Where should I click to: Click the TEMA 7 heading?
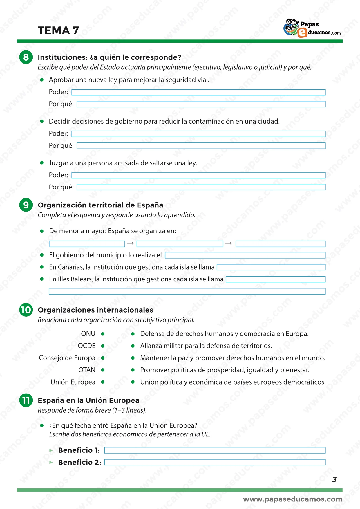(x=58, y=30)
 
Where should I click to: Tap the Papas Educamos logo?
(x=312, y=28)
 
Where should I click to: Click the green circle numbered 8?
(x=26, y=57)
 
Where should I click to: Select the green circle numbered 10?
(x=26, y=310)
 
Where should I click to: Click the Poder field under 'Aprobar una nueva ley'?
(x=198, y=92)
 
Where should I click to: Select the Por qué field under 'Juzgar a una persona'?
(x=201, y=187)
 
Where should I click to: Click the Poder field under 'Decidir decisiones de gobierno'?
(x=198, y=134)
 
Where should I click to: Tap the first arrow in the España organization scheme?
(x=131, y=243)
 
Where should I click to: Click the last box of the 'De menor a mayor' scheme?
(x=281, y=244)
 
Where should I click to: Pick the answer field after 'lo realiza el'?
(x=245, y=255)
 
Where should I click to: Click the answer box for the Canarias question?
(x=271, y=267)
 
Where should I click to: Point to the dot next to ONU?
(x=103, y=334)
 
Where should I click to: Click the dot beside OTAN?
(x=103, y=370)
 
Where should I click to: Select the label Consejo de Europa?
(x=67, y=358)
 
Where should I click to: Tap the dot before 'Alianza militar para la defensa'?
(x=133, y=346)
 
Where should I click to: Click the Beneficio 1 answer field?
(x=215, y=450)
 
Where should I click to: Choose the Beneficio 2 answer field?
(x=215, y=462)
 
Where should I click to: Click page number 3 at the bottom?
(x=334, y=479)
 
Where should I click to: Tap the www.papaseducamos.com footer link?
(x=292, y=499)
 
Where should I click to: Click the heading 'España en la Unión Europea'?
(x=88, y=400)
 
